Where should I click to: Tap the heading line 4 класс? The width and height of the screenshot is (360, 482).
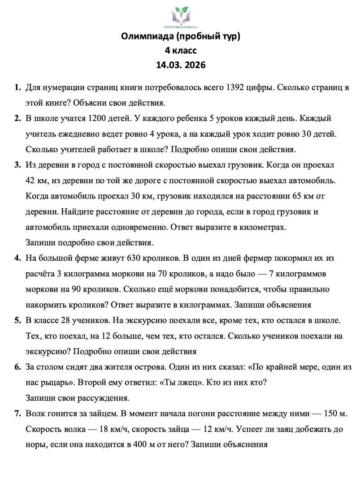coord(181,51)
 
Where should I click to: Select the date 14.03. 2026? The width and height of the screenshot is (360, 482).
coord(181,65)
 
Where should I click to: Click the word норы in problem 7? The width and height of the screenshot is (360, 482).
coord(35,445)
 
